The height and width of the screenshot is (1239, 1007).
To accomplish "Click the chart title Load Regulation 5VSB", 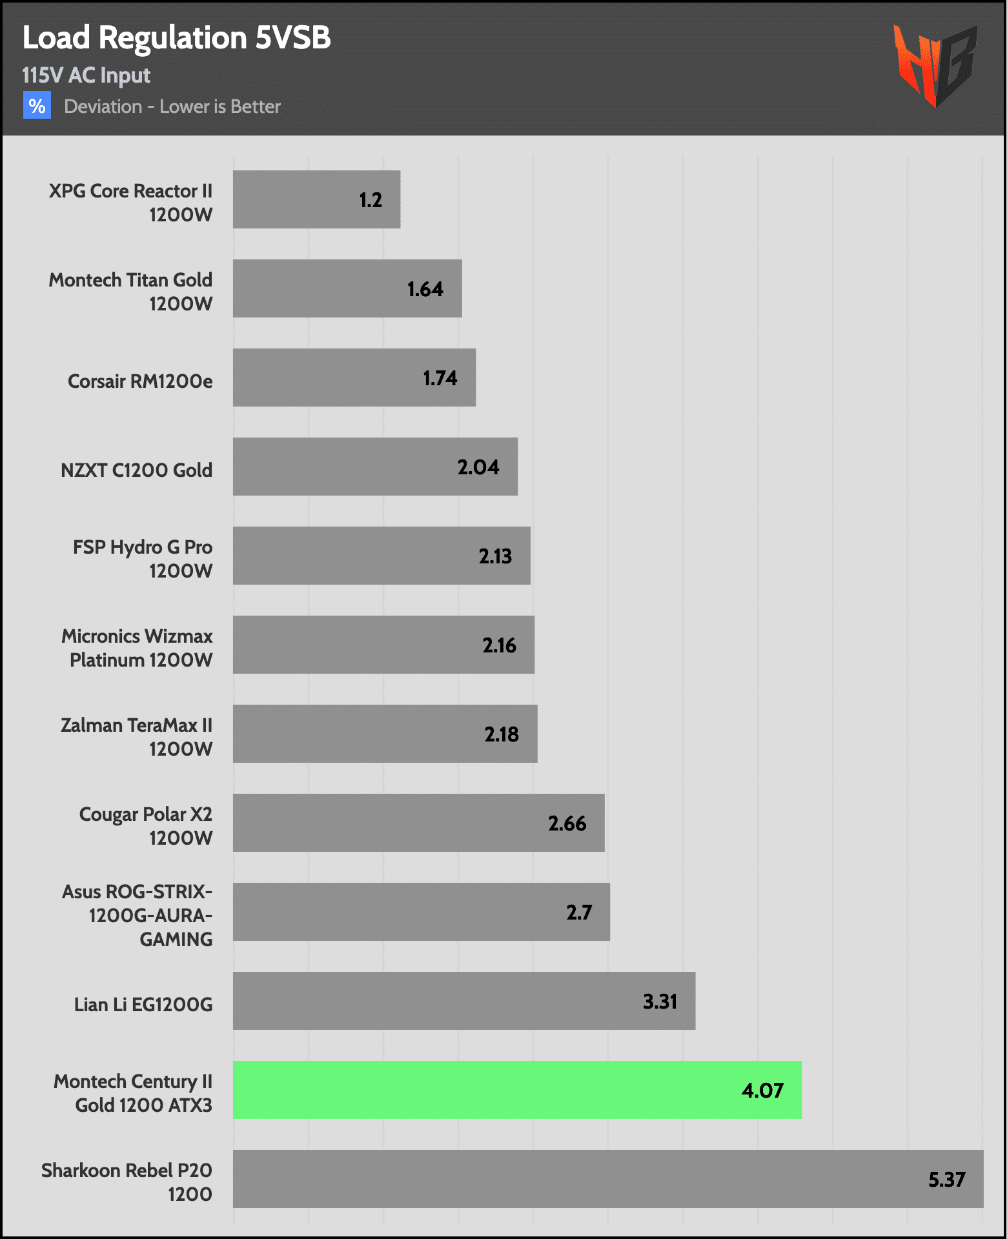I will click(x=176, y=38).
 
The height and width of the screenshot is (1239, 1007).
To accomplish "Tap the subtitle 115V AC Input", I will click(x=86, y=76).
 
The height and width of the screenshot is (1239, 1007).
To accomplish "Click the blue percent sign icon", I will click(x=37, y=105).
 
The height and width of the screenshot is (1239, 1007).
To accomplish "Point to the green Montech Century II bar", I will click(x=516, y=1089).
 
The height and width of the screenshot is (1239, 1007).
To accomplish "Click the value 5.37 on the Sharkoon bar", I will click(x=946, y=1180).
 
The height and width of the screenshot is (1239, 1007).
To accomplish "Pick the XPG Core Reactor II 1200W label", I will click(x=130, y=203).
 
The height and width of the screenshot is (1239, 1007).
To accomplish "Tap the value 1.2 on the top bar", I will click(x=371, y=200).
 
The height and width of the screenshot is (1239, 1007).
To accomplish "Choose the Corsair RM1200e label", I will click(x=140, y=381).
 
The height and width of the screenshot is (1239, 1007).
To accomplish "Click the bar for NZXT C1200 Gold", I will click(x=374, y=467).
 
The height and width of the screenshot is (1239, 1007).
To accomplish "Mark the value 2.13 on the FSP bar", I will click(x=495, y=556).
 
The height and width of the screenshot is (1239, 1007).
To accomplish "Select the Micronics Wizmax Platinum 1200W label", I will click(x=137, y=648).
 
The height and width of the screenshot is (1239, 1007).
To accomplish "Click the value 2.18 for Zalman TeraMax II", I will click(x=502, y=734).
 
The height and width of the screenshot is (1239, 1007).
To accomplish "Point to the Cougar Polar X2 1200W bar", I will click(x=418, y=823).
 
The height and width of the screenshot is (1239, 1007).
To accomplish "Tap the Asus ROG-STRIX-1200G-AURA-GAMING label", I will click(x=137, y=915).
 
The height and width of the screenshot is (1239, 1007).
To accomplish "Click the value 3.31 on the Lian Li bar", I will click(x=660, y=1002).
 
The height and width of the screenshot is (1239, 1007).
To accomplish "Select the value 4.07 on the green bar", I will click(x=762, y=1091).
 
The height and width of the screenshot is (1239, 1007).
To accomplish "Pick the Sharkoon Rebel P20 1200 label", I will click(x=127, y=1182).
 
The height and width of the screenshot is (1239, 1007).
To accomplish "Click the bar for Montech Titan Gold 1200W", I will click(x=347, y=288).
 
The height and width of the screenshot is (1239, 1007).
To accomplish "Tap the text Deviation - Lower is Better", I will click(x=172, y=106).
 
